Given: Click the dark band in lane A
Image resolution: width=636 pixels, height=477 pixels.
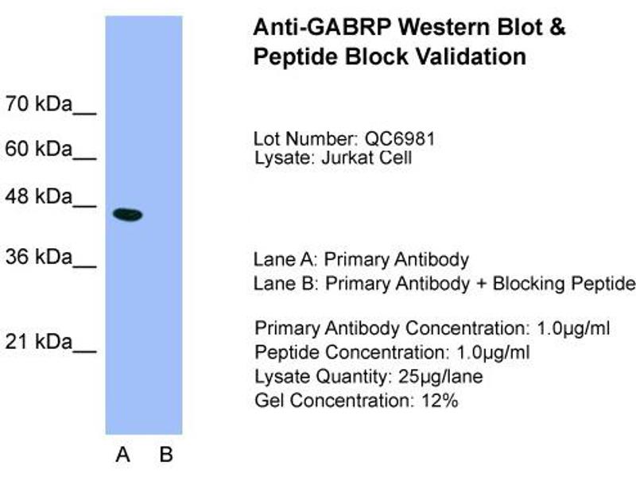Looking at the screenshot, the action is click(x=128, y=214).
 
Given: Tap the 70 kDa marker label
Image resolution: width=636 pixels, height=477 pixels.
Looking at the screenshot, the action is click(x=38, y=104).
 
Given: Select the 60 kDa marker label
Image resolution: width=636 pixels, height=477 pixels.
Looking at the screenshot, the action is click(x=38, y=149).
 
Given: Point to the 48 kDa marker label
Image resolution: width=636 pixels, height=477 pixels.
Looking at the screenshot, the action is click(x=38, y=196).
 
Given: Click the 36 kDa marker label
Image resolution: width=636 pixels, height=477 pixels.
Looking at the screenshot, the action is click(x=38, y=257).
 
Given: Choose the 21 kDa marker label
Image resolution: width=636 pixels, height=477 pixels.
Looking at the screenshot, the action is click(x=38, y=342).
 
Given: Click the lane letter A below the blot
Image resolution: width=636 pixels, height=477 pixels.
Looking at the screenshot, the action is click(x=123, y=454).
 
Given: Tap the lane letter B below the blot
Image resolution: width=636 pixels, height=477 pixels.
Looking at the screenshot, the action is click(x=166, y=454).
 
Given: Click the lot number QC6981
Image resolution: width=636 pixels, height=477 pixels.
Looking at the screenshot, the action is click(x=400, y=138).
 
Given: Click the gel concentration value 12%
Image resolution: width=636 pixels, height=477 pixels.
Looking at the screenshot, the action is click(x=440, y=401).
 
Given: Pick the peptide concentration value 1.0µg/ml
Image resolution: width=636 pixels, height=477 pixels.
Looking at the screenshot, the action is click(x=493, y=352).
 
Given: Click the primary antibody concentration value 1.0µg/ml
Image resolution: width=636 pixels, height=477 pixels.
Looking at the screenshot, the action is click(x=573, y=328).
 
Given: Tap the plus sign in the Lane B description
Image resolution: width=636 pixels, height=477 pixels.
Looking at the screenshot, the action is click(x=481, y=284).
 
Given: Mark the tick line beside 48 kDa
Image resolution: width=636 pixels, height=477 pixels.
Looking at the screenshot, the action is click(x=84, y=206).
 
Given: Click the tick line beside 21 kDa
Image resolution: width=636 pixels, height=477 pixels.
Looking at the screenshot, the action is click(x=84, y=351).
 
